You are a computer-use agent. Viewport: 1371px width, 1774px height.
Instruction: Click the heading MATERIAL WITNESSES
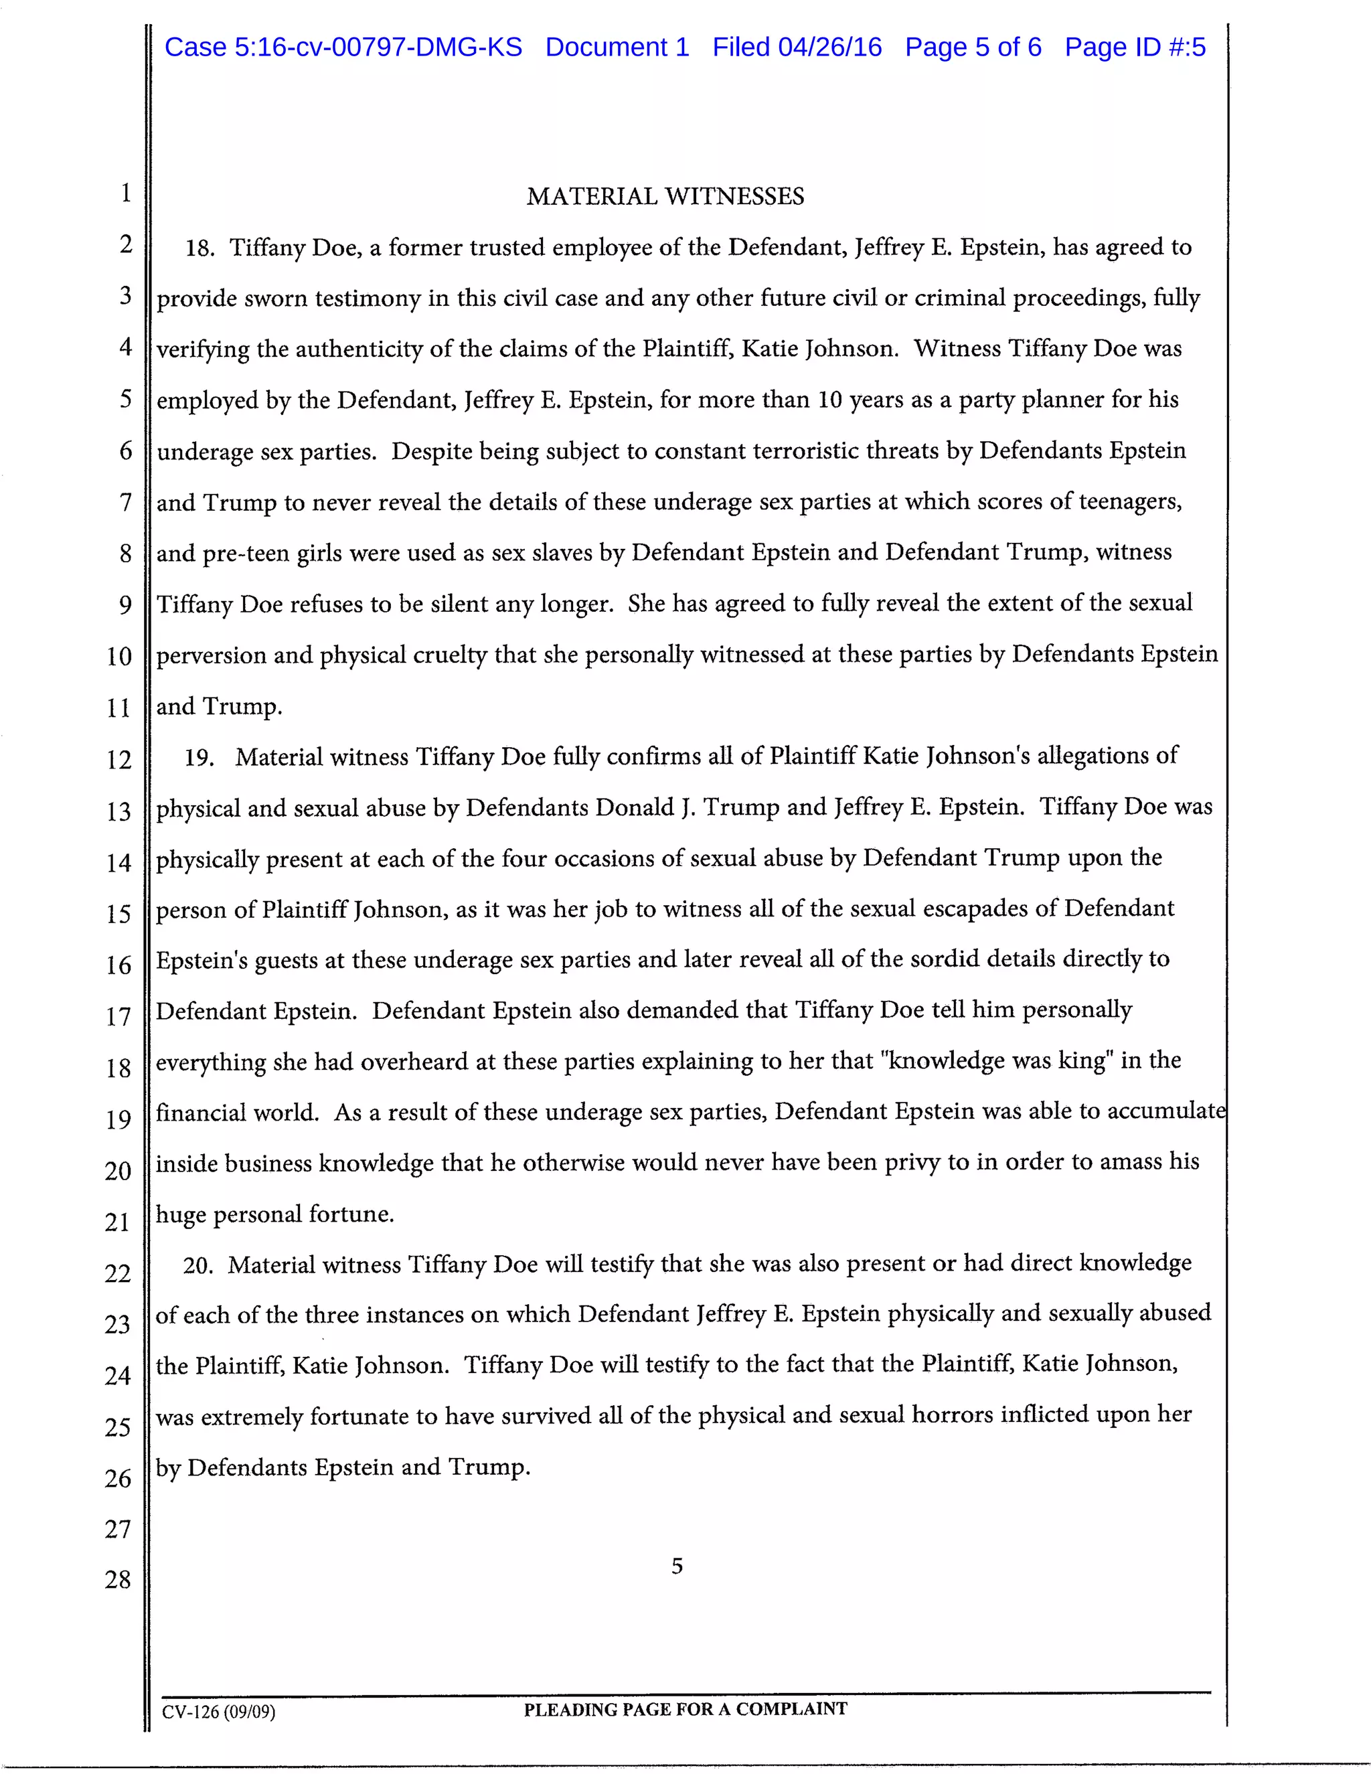[665, 197]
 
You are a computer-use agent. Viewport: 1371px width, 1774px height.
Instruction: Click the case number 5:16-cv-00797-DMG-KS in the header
[378, 47]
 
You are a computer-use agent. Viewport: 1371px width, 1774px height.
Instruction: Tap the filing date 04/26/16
[830, 47]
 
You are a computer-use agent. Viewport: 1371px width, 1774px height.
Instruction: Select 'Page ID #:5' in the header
[1135, 47]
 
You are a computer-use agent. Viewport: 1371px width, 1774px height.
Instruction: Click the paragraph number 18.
[199, 248]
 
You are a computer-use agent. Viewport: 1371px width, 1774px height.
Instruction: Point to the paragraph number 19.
[198, 758]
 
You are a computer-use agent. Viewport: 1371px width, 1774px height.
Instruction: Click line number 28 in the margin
[118, 1579]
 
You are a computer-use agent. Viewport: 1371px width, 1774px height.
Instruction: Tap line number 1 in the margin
[126, 193]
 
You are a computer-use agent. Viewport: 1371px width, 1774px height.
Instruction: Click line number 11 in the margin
[118, 708]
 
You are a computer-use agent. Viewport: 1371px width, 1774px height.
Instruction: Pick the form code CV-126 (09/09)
[218, 1712]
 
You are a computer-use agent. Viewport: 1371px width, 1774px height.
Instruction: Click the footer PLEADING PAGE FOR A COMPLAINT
[685, 1709]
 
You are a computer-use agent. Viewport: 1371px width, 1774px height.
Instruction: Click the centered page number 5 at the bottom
[677, 1566]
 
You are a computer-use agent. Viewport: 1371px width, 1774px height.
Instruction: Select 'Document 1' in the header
[617, 47]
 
